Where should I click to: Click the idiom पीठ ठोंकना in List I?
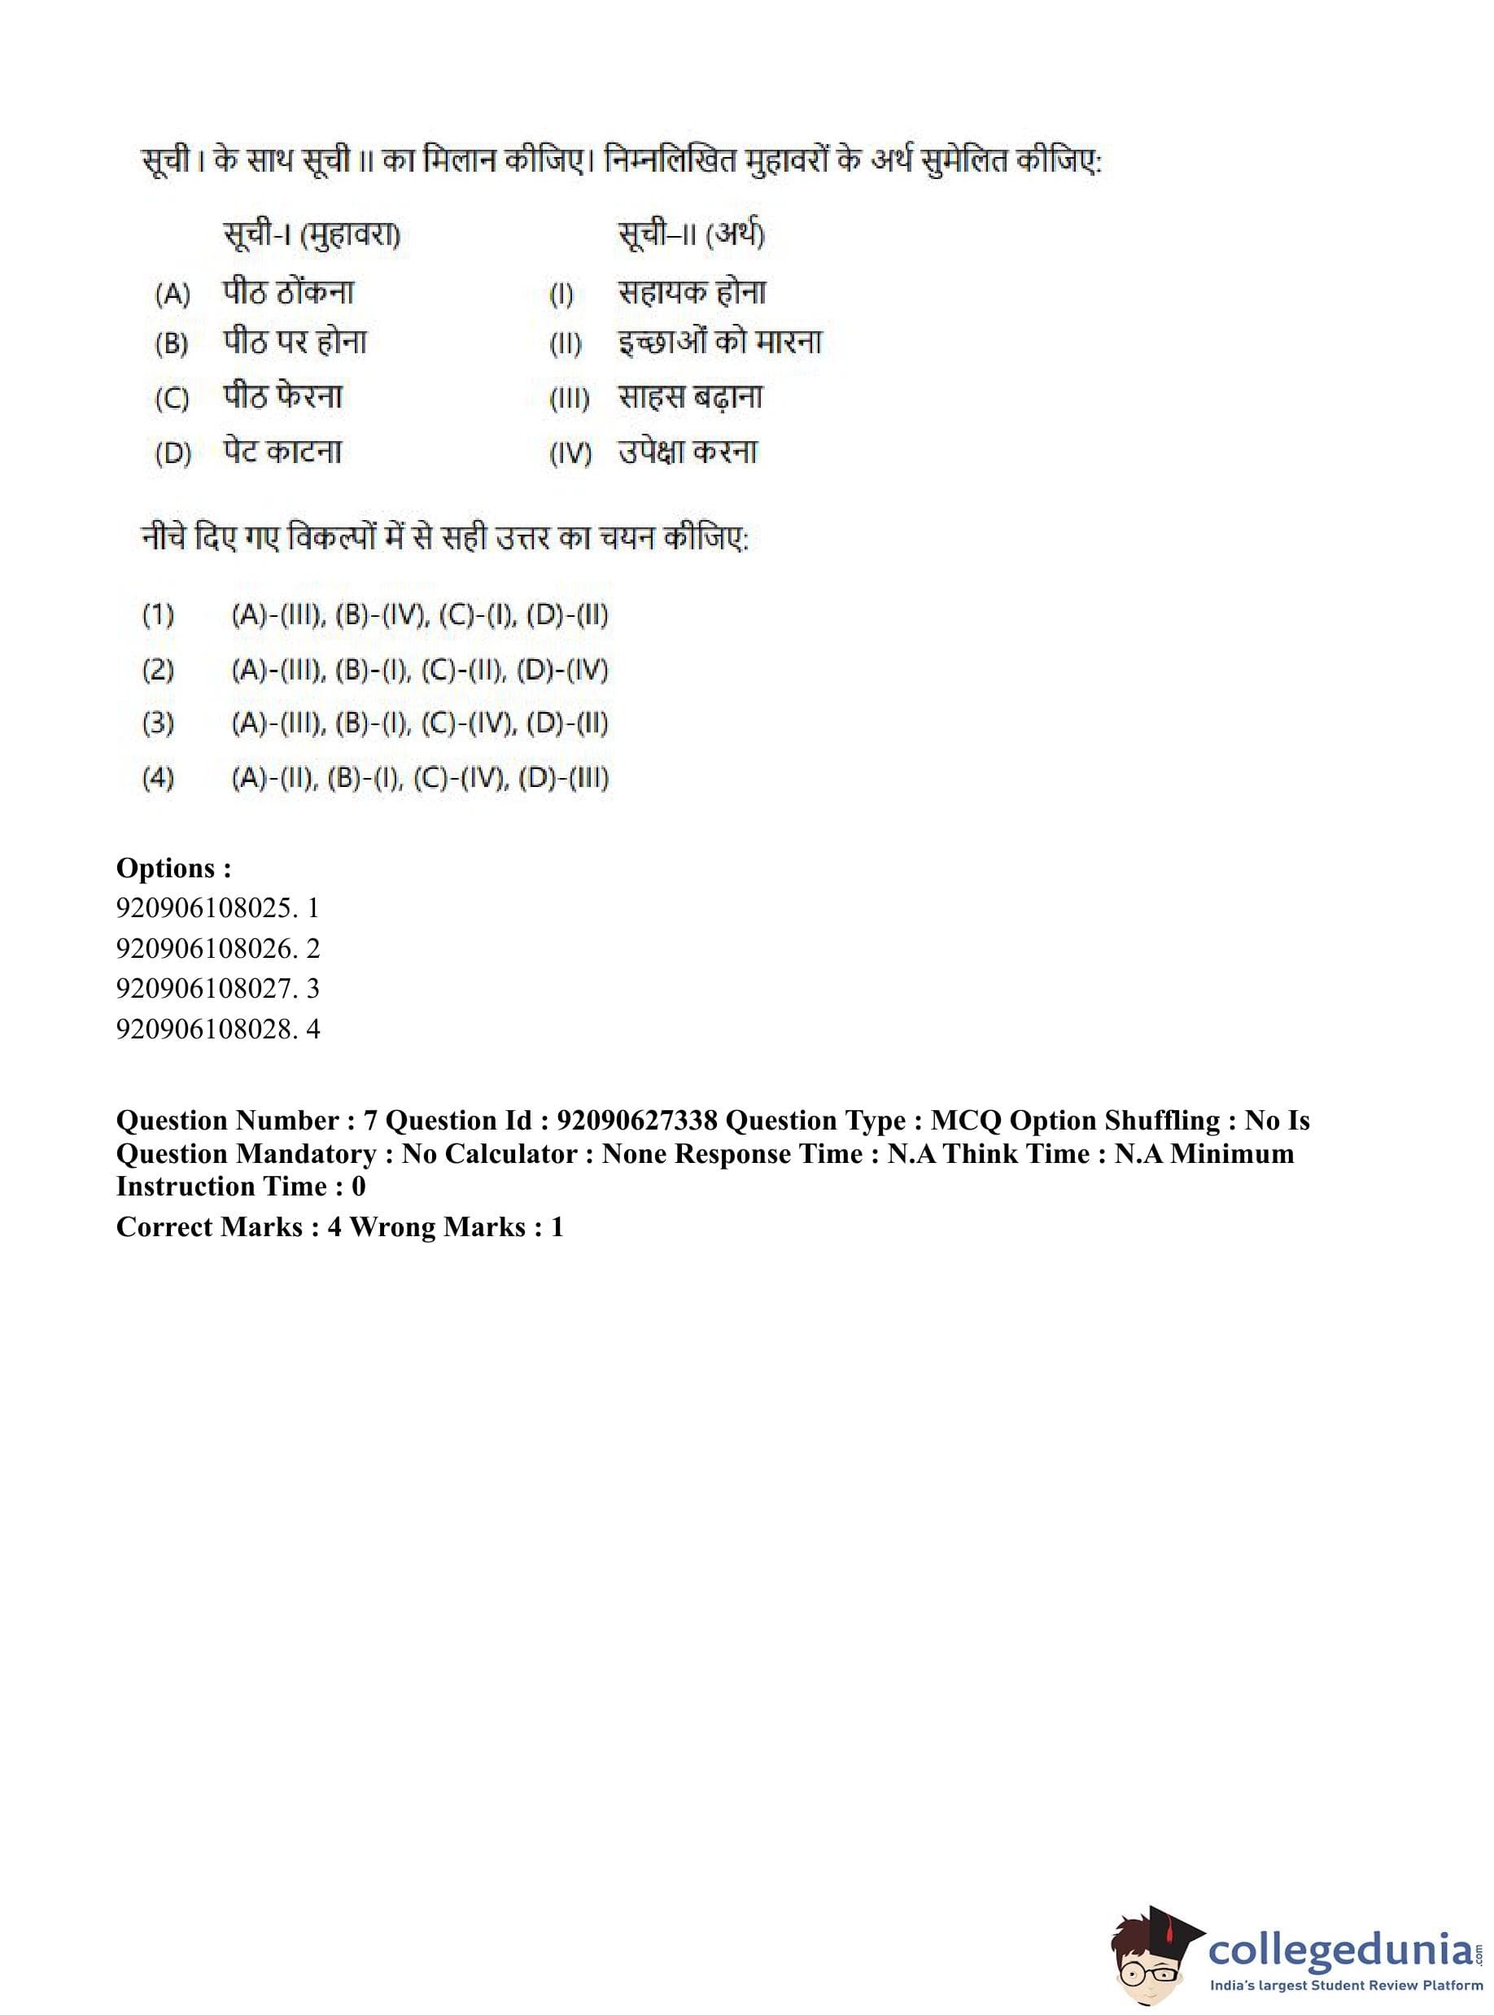point(287,292)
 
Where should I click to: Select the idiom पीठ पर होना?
point(295,342)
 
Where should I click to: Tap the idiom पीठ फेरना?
point(282,396)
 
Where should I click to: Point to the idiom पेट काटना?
point(282,452)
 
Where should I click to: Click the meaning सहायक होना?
point(692,292)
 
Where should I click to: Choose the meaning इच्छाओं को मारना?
point(720,342)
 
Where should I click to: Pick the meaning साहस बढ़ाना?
point(690,396)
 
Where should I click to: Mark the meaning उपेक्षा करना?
point(688,452)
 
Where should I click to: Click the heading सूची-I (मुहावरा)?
point(311,235)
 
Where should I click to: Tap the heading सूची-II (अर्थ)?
point(691,235)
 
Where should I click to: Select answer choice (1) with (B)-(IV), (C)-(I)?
point(420,615)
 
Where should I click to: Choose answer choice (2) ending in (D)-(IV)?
point(420,670)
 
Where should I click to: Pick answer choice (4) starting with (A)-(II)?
point(420,778)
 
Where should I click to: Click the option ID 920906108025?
point(206,907)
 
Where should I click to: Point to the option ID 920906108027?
point(206,988)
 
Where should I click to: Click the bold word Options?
point(173,868)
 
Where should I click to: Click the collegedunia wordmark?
point(1341,1950)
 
